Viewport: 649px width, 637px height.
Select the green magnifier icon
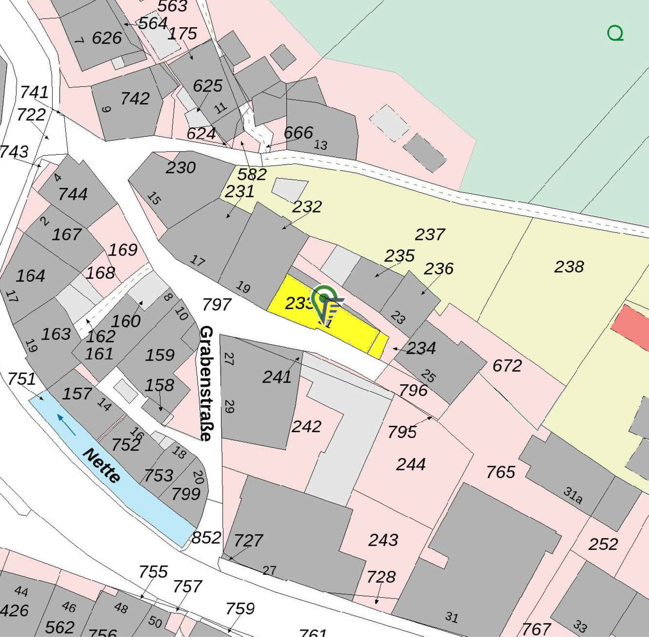pos(615,34)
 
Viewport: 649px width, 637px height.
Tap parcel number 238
pos(569,267)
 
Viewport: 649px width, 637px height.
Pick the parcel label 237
pos(430,235)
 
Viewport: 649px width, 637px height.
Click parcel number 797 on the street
pos(217,305)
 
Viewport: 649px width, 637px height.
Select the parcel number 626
pos(107,38)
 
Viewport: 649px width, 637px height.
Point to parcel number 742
pos(135,99)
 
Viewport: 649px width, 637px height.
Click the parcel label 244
pos(411,464)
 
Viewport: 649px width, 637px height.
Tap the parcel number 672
pos(507,366)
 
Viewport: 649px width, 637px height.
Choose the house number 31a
pos(573,495)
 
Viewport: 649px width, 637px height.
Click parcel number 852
pos(206,538)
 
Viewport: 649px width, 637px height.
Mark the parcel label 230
pos(181,168)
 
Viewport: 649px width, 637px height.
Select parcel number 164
pos(31,276)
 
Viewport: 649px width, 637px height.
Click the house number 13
pos(320,145)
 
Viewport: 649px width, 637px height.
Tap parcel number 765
pos(501,472)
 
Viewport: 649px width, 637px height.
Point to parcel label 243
pos(383,540)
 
